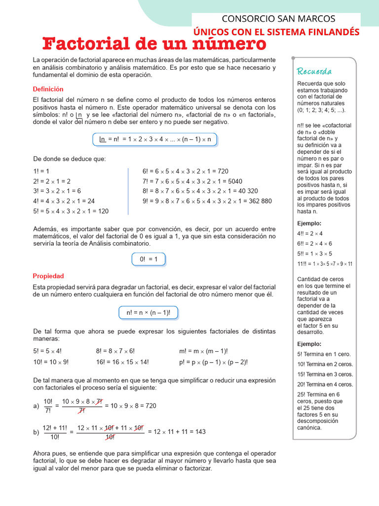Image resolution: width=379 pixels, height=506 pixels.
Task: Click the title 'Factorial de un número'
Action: (x=154, y=44)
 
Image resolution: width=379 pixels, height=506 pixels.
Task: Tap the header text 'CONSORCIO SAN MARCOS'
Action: (x=278, y=19)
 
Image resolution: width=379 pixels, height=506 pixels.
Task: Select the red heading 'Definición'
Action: (x=48, y=89)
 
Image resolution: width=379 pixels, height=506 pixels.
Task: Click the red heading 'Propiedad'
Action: (x=48, y=276)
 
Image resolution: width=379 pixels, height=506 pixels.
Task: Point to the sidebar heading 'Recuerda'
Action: (x=314, y=71)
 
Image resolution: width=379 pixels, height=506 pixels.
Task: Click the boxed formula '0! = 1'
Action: (x=149, y=259)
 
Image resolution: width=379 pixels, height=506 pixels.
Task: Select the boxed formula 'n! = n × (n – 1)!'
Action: (x=148, y=313)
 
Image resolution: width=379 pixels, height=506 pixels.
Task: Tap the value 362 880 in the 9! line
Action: (x=256, y=201)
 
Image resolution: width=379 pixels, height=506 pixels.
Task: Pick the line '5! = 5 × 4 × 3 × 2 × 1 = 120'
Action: (x=71, y=211)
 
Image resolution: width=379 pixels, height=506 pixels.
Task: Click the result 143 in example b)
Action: (x=200, y=431)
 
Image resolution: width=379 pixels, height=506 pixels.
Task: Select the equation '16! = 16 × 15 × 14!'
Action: (x=122, y=362)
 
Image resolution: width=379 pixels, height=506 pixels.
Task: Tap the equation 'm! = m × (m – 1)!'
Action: (x=203, y=351)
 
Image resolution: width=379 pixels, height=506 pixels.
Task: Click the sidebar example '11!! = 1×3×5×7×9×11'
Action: (x=325, y=263)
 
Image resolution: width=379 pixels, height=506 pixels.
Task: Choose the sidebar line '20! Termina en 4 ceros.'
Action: (x=325, y=384)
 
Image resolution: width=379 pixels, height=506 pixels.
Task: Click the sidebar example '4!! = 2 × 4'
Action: (x=310, y=233)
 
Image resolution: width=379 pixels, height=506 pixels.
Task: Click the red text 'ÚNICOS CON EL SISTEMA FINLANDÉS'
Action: (x=276, y=32)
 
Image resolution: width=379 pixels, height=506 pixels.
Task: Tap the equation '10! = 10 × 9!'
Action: (x=51, y=362)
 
